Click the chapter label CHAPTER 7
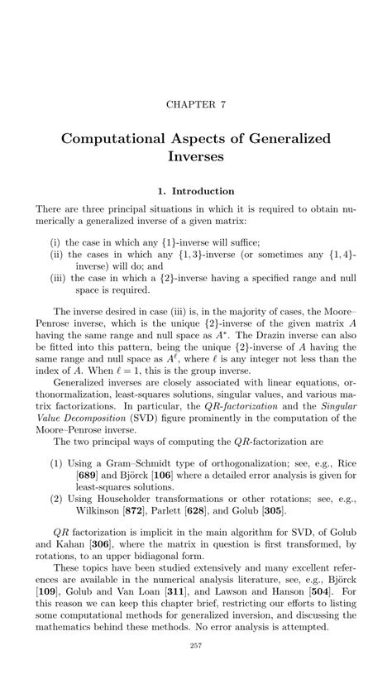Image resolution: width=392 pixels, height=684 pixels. coord(196,106)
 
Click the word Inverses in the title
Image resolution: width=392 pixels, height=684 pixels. coord(196,155)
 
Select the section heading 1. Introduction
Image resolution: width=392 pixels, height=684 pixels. coord(196,191)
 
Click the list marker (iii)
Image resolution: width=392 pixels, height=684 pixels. coord(63,278)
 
